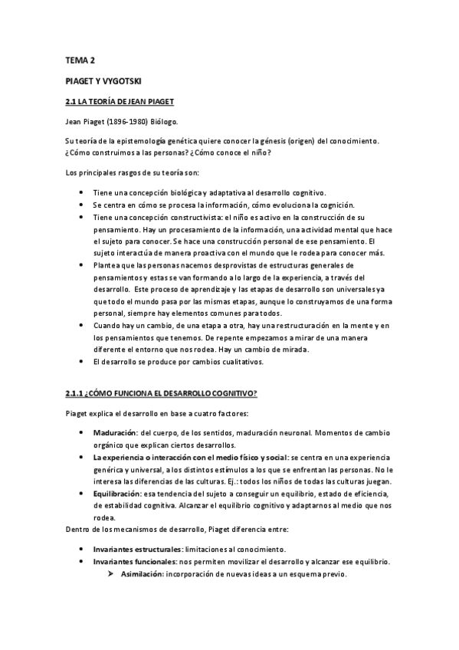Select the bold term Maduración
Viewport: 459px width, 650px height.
(x=114, y=433)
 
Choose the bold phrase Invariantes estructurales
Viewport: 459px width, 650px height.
(x=137, y=550)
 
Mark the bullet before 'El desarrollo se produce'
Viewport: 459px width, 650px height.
(x=83, y=361)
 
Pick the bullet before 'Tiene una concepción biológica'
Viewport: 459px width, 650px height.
(x=83, y=192)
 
